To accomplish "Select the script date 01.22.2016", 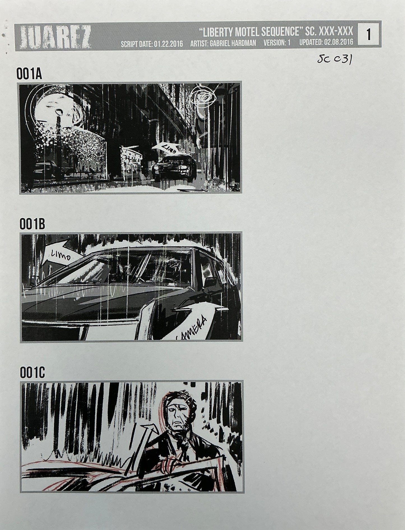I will tap(152, 44).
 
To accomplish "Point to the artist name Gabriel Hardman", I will tap(223, 44).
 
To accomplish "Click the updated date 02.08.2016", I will tap(326, 43).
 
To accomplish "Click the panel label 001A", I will tap(29, 75).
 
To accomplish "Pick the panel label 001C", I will tap(32, 373).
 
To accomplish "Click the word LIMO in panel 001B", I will tap(61, 255).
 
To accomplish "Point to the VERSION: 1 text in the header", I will tap(277, 43).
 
